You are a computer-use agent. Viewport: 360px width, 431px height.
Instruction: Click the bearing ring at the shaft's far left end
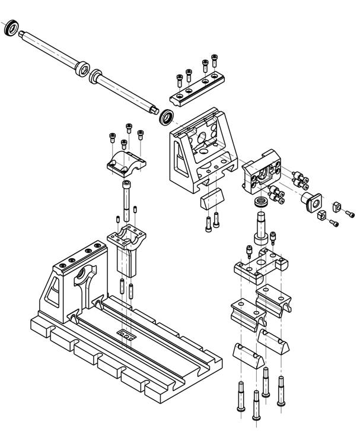pos(11,28)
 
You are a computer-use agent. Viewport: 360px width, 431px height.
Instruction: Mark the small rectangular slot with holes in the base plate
pos(126,337)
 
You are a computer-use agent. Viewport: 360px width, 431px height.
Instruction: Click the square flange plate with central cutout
pos(262,176)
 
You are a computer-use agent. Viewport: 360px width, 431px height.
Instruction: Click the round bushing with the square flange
pos(311,201)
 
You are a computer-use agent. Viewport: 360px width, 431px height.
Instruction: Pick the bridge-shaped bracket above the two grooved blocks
pos(260,265)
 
